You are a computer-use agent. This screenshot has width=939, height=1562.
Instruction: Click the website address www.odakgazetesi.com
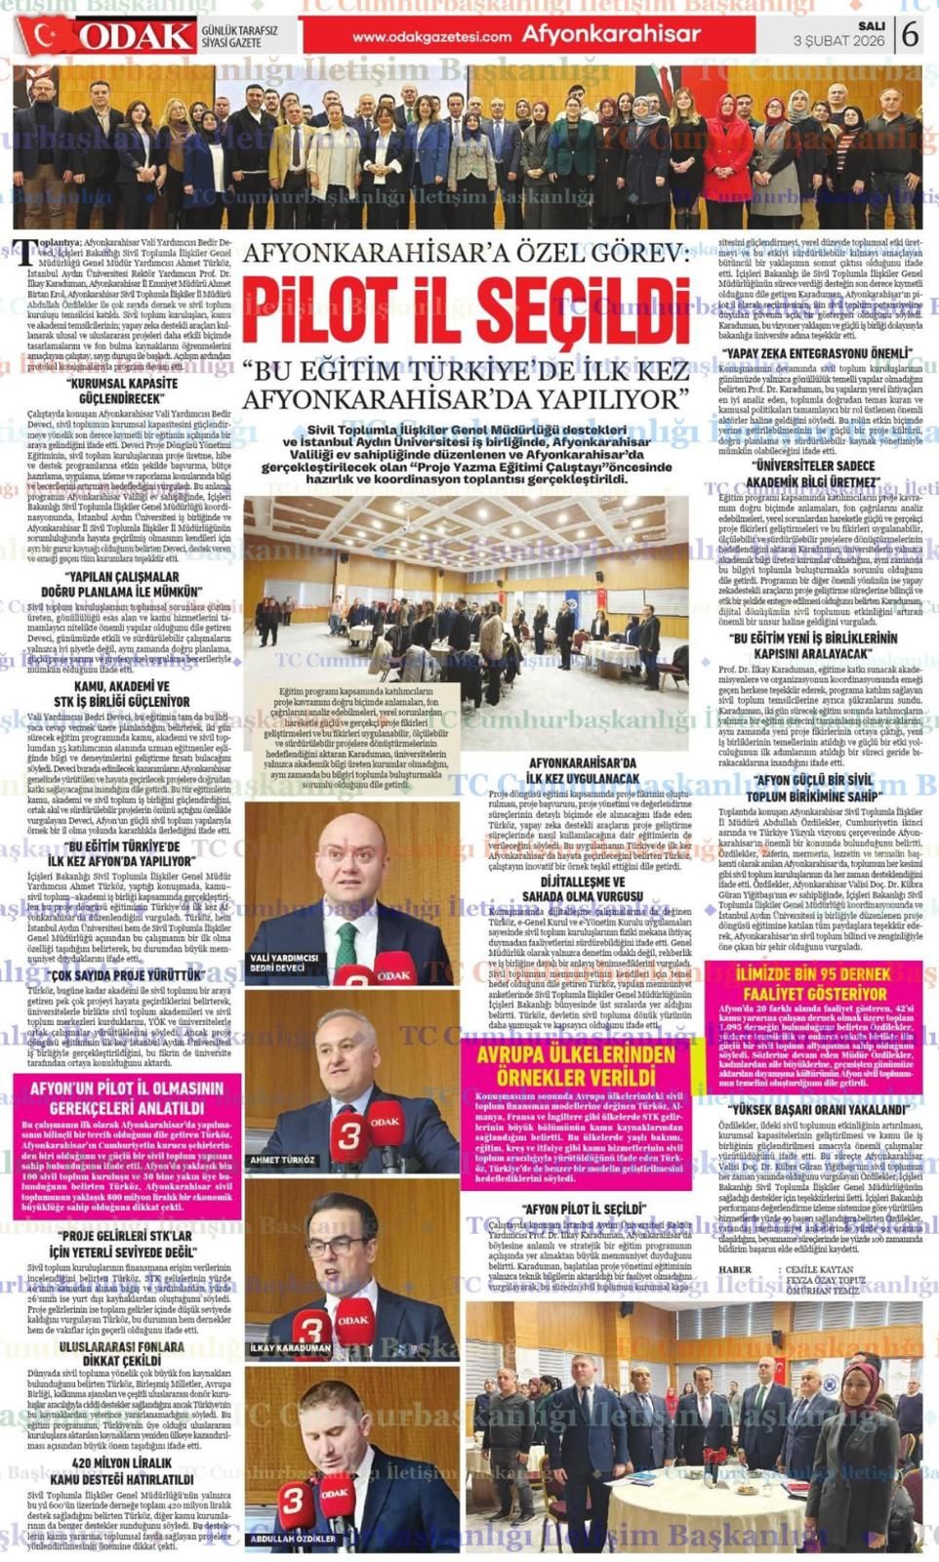431,37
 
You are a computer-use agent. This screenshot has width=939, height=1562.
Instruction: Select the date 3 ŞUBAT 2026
838,41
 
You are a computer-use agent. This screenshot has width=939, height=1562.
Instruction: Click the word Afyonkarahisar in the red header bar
611,35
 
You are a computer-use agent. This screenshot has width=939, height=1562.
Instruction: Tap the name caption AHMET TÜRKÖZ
283,1160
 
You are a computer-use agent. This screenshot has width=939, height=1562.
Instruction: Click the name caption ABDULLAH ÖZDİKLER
294,1539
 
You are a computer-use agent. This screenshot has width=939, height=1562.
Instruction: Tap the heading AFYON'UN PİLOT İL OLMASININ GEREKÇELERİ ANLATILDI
127,1097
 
